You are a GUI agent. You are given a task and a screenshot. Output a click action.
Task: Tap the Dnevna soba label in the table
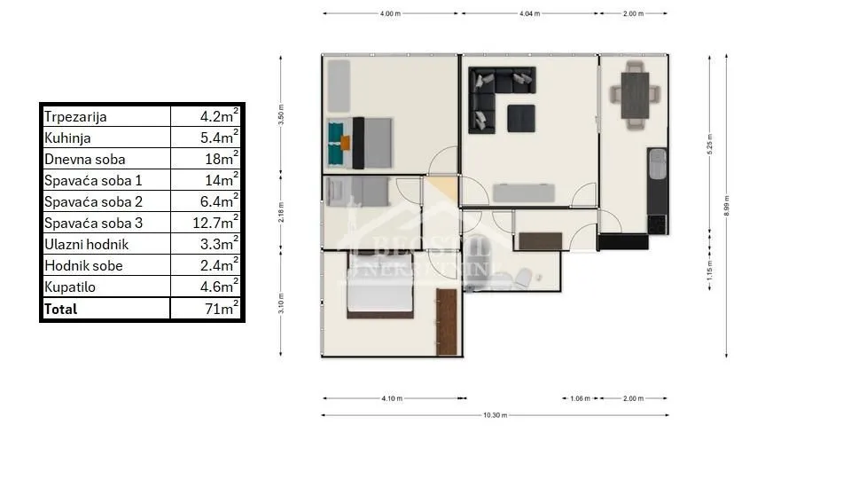[85, 160]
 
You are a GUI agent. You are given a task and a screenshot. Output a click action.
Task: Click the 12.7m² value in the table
[216, 223]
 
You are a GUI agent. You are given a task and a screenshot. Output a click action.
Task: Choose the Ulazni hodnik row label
[87, 245]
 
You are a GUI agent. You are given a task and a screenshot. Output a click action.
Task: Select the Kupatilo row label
[69, 287]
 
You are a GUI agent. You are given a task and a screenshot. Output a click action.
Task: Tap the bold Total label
[61, 309]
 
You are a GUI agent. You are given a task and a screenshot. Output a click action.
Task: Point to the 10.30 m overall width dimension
[495, 415]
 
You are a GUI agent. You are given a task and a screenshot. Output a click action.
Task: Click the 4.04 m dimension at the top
[528, 14]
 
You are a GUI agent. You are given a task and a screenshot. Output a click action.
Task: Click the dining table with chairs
[635, 94]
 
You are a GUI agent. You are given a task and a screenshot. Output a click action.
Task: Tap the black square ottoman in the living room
[520, 118]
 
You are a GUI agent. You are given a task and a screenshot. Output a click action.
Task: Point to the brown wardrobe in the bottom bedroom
[447, 322]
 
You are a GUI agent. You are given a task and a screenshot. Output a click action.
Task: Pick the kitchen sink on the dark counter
[657, 164]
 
